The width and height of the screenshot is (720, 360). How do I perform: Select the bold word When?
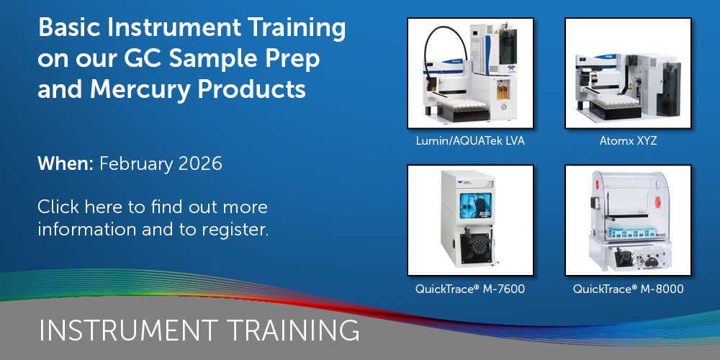pos(66,164)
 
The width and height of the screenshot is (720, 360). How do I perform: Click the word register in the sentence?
pos(235,229)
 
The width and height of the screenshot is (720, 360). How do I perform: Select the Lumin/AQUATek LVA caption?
pos(470,141)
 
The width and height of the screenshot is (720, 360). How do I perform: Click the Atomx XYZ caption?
pos(628,141)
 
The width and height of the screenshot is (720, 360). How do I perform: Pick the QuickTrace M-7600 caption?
pos(470,289)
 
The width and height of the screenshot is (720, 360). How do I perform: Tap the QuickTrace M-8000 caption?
pos(628,289)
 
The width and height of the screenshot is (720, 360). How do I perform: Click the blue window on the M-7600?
pos(474,205)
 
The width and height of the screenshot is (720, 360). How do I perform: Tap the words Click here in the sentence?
pos(81,207)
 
